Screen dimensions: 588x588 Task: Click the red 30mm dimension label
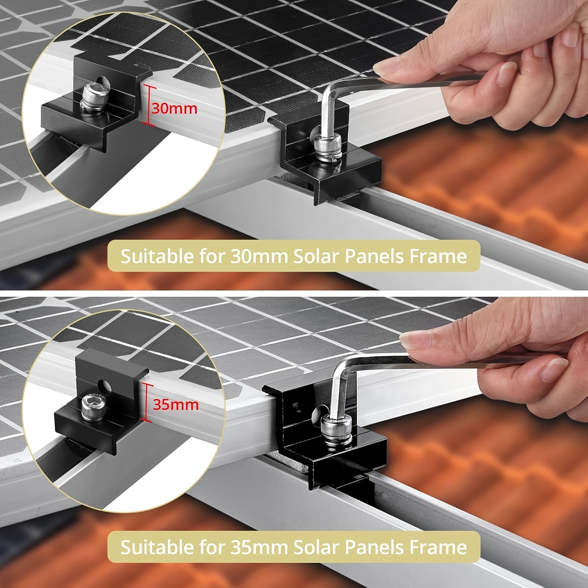[174, 108]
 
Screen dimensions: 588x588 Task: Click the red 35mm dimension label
[176, 405]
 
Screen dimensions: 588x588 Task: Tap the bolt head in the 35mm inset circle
[93, 408]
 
